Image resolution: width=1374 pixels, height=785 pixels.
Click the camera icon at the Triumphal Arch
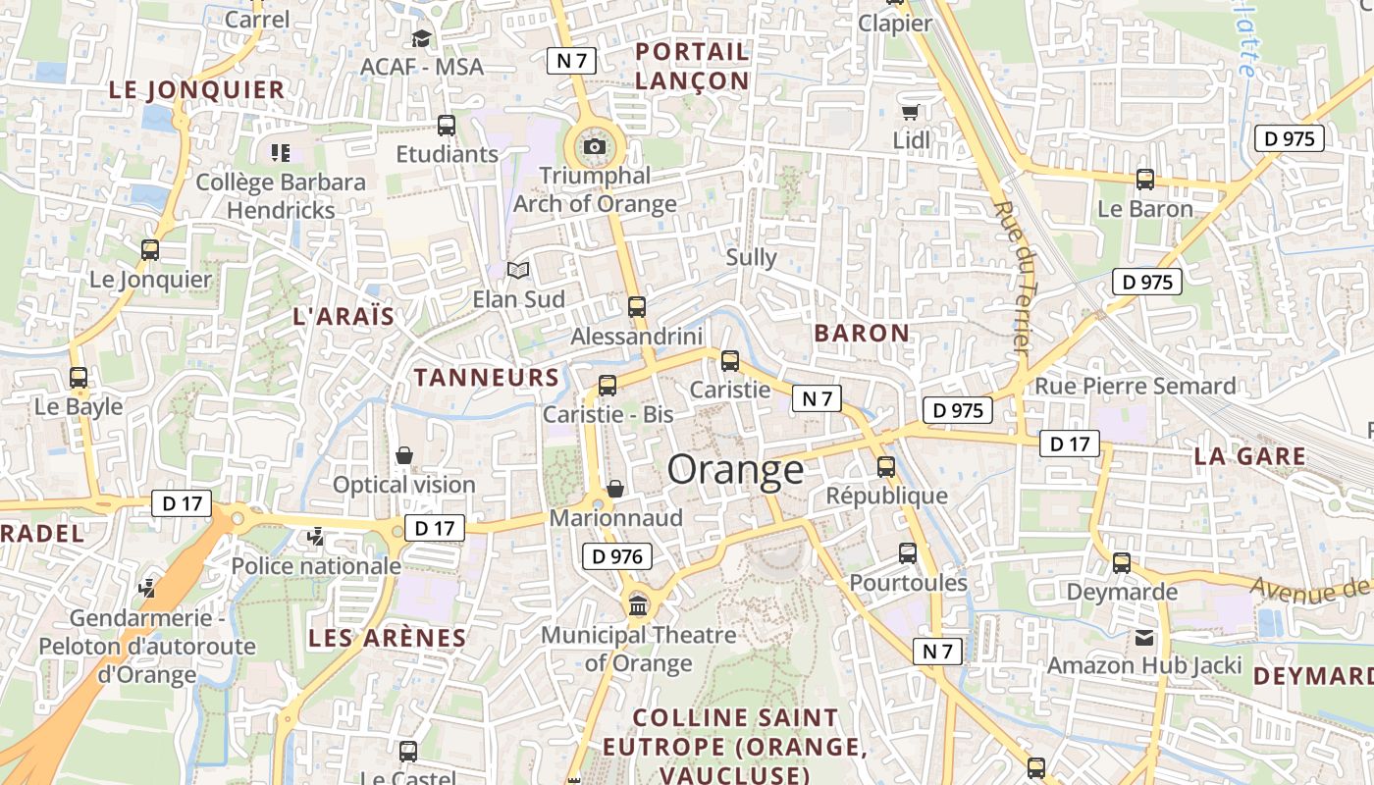click(x=594, y=147)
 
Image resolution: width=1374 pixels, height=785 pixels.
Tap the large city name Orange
click(x=735, y=470)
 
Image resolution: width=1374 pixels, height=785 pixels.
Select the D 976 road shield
click(x=617, y=556)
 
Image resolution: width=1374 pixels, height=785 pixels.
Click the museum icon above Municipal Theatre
click(x=638, y=605)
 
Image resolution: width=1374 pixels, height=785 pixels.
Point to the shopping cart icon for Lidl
click(x=911, y=112)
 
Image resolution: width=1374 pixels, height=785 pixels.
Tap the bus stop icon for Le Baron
click(x=1144, y=180)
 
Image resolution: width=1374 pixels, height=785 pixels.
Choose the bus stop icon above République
click(x=886, y=466)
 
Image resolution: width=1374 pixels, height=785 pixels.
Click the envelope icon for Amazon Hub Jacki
click(x=1144, y=637)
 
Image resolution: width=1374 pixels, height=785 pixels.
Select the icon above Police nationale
click(x=315, y=537)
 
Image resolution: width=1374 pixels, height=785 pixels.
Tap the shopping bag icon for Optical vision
click(x=403, y=455)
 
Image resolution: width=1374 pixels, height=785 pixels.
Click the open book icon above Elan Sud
click(x=517, y=270)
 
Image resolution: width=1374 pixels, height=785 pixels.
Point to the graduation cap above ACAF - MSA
click(x=421, y=38)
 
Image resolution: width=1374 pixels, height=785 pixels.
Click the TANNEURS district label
click(x=486, y=378)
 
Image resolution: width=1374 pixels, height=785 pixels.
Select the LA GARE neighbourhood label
click(x=1249, y=456)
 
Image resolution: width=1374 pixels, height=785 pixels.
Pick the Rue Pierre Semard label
click(x=1135, y=387)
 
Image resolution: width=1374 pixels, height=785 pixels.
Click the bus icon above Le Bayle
click(x=79, y=377)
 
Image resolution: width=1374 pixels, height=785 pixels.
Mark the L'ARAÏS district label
click(x=343, y=317)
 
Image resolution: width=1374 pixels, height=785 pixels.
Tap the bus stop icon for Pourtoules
click(x=908, y=553)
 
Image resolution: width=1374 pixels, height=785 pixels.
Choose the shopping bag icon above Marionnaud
click(x=615, y=488)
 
